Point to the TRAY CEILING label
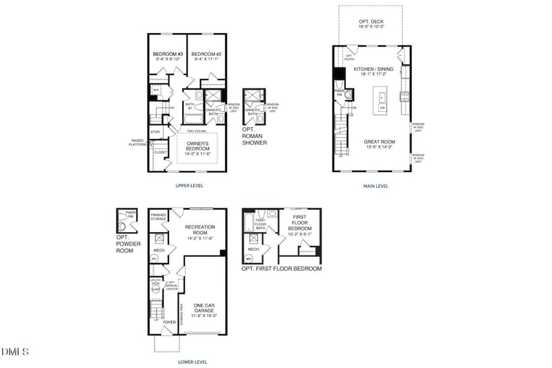click(197, 130)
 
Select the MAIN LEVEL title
click(376, 185)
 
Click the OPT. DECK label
click(371, 25)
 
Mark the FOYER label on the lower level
click(170, 322)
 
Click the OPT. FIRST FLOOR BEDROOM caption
click(282, 268)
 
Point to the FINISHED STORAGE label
click(159, 217)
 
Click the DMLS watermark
click(15, 352)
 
